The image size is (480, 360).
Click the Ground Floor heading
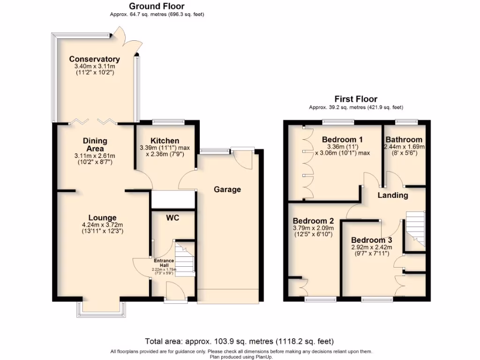157,6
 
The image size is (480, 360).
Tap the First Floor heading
356,99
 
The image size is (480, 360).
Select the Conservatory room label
94,59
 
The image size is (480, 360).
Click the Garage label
227,189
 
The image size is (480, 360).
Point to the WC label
172,217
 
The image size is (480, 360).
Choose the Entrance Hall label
164,263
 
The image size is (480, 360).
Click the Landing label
393,195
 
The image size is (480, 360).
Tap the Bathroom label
404,140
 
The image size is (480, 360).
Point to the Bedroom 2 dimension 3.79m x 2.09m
313,228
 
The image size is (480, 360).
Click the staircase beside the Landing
415,228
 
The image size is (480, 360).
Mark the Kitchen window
167,122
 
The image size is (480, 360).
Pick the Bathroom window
406,122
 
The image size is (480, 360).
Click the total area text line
240,341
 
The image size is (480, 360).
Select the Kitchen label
165,141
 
